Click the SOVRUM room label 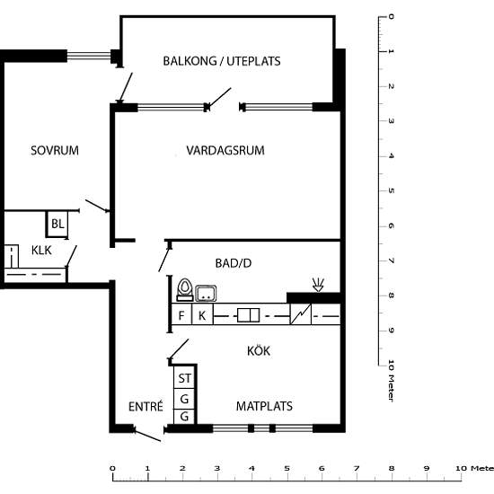point(55,150)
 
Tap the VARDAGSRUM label point(225,150)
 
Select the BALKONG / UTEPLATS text point(222,61)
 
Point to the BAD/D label point(234,263)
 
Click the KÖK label point(259,350)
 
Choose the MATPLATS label point(264,406)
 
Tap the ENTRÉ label point(146,406)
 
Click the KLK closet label point(41,251)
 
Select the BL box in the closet point(57,224)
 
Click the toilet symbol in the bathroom point(185,290)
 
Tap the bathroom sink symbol point(206,294)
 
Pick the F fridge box point(181,314)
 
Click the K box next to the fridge point(202,314)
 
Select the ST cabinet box point(184,378)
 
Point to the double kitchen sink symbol point(248,315)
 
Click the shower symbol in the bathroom point(318,285)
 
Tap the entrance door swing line point(147,435)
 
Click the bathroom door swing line point(164,260)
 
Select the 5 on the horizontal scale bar point(287,469)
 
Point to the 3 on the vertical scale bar point(391,121)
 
